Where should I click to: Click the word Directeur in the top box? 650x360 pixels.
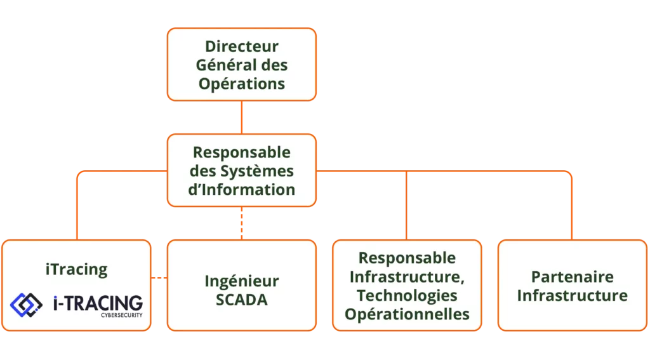tap(242, 46)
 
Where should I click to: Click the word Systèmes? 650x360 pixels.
tap(257, 171)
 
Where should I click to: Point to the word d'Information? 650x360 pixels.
tap(242, 190)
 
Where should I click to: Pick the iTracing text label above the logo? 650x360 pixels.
tap(77, 270)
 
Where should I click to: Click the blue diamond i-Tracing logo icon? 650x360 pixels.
tap(26, 305)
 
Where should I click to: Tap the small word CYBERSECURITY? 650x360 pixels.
tap(121, 315)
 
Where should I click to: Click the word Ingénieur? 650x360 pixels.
tap(242, 282)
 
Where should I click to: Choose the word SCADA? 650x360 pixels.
tap(242, 300)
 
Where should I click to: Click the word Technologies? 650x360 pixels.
tap(407, 295)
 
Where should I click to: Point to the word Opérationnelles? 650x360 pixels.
tap(407, 314)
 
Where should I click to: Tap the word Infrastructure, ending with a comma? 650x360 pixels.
tap(407, 277)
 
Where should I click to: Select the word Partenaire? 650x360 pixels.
tap(573, 277)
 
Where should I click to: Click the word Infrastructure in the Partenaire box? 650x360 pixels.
tap(573, 296)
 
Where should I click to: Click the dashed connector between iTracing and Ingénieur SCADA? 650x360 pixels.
tap(159, 277)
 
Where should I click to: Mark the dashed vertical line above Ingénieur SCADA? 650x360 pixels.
tap(242, 223)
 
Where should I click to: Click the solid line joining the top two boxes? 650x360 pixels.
tap(242, 117)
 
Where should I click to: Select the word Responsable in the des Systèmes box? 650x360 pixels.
tap(242, 152)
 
